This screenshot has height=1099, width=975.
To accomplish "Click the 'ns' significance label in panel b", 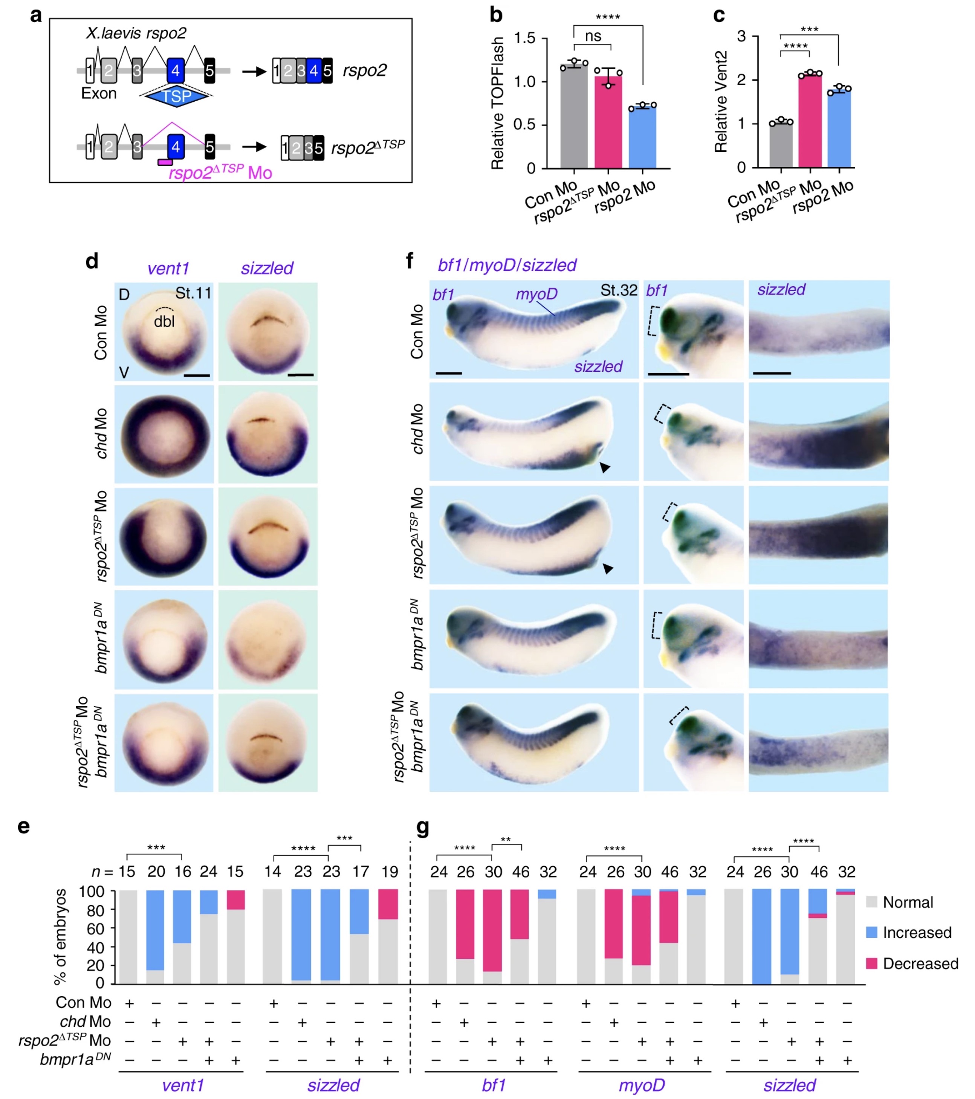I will click(x=593, y=36).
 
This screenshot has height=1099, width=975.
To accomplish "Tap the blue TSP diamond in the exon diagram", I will click(x=176, y=96).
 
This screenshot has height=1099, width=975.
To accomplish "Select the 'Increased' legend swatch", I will click(x=872, y=932).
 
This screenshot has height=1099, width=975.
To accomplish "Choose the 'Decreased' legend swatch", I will click(x=872, y=963).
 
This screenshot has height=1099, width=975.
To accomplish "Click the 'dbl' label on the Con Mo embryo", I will click(x=164, y=322).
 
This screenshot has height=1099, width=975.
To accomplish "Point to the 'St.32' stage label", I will click(x=619, y=291).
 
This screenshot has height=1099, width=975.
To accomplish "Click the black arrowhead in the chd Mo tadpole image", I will click(x=605, y=467).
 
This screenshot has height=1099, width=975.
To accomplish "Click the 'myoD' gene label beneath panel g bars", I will click(x=642, y=1084).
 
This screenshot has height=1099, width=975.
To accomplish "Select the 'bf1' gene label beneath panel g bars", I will click(x=494, y=1084).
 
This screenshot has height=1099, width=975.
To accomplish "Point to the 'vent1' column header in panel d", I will click(x=168, y=268).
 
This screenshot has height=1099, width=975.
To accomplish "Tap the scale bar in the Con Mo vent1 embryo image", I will click(x=196, y=375).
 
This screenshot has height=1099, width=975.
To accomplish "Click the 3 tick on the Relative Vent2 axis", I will click(x=741, y=36).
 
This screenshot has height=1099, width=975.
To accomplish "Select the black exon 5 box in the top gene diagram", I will click(x=210, y=70).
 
